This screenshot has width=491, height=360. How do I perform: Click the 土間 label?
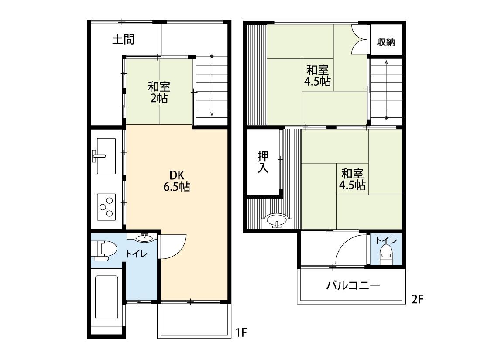[x=124, y=39]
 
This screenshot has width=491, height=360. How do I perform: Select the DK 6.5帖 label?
[x=177, y=181]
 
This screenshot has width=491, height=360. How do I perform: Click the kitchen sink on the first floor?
[x=106, y=156]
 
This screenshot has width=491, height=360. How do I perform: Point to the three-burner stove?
[x=106, y=207]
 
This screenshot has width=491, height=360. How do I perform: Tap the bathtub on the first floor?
[x=106, y=298]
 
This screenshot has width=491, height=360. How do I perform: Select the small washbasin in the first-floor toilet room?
[x=144, y=238]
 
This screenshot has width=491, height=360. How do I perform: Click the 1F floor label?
[x=241, y=333]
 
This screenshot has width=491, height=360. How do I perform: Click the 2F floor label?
[x=417, y=300]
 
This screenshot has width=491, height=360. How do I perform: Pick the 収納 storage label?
[x=386, y=42]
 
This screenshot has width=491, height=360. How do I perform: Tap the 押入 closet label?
[x=263, y=162]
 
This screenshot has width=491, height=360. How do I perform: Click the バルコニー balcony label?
[x=353, y=285]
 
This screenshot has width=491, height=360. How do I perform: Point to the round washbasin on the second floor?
[x=276, y=220]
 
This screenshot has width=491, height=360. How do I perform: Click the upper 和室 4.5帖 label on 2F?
[x=318, y=75]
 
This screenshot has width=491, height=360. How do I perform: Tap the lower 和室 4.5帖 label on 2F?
[x=353, y=179]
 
